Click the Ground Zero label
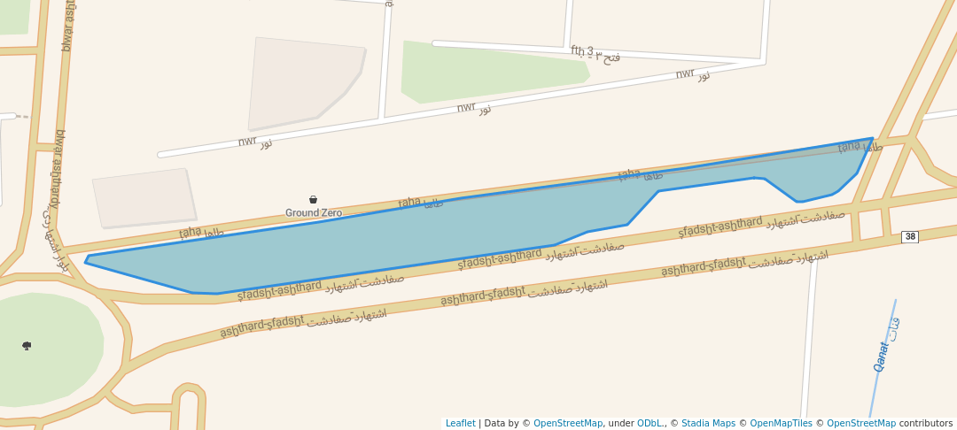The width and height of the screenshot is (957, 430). (x=313, y=213)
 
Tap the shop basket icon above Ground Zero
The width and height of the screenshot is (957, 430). (x=313, y=200)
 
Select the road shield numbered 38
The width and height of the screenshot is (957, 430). (x=909, y=237)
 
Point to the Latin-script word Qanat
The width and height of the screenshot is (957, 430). (x=880, y=356)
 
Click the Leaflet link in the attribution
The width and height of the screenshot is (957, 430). (x=460, y=424)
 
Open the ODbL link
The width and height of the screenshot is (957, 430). (x=650, y=424)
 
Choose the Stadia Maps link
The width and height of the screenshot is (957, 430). (x=708, y=424)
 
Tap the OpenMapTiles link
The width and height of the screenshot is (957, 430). (x=781, y=424)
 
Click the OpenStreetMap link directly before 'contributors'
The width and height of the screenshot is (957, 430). (x=860, y=424)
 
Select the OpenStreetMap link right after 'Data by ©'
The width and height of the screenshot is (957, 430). (x=567, y=424)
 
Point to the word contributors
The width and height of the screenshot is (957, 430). (x=925, y=424)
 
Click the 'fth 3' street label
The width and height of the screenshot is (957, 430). (x=582, y=51)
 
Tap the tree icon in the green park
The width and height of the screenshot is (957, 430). (x=27, y=345)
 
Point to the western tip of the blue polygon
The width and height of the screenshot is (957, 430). (x=86, y=261)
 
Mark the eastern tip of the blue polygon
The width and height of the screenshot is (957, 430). (x=873, y=139)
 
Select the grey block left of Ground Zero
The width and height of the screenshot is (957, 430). (x=144, y=197)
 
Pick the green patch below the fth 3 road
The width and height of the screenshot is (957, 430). (x=487, y=71)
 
